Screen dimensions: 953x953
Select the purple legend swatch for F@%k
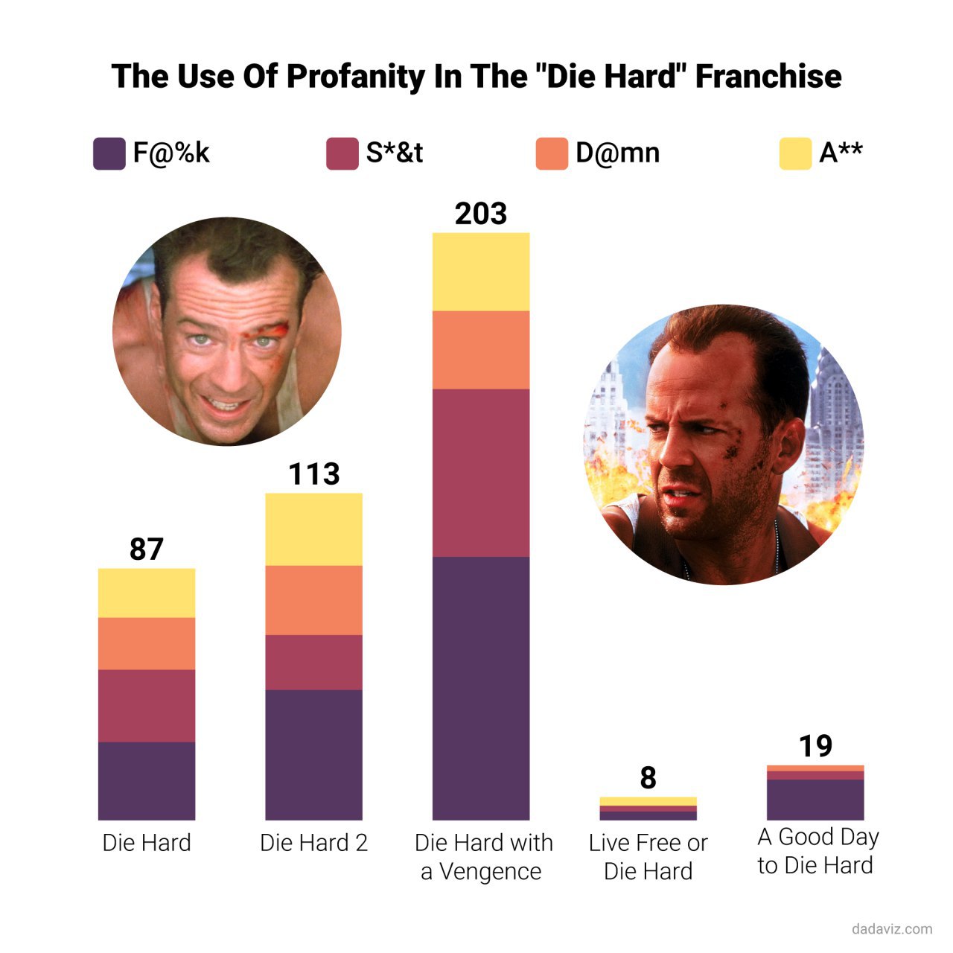109,153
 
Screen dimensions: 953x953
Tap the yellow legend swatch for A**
795,153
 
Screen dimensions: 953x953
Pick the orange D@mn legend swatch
552,153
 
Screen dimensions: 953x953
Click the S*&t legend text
395,153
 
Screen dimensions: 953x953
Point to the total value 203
481,214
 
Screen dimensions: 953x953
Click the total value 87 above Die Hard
146,549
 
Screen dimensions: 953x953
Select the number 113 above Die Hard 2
313,474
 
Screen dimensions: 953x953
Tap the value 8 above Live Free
648,778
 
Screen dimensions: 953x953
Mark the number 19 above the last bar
815,746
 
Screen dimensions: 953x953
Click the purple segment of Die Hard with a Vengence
481,689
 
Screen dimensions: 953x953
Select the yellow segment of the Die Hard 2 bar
313,529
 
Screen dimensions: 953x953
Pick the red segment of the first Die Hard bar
146,706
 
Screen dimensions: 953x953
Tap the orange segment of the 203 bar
481,350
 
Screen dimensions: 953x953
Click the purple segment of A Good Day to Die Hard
815,800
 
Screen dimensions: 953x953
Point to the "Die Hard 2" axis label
313,843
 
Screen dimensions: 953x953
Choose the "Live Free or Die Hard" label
648,857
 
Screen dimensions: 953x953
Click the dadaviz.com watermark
891,928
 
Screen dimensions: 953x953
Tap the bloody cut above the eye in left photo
276,328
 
